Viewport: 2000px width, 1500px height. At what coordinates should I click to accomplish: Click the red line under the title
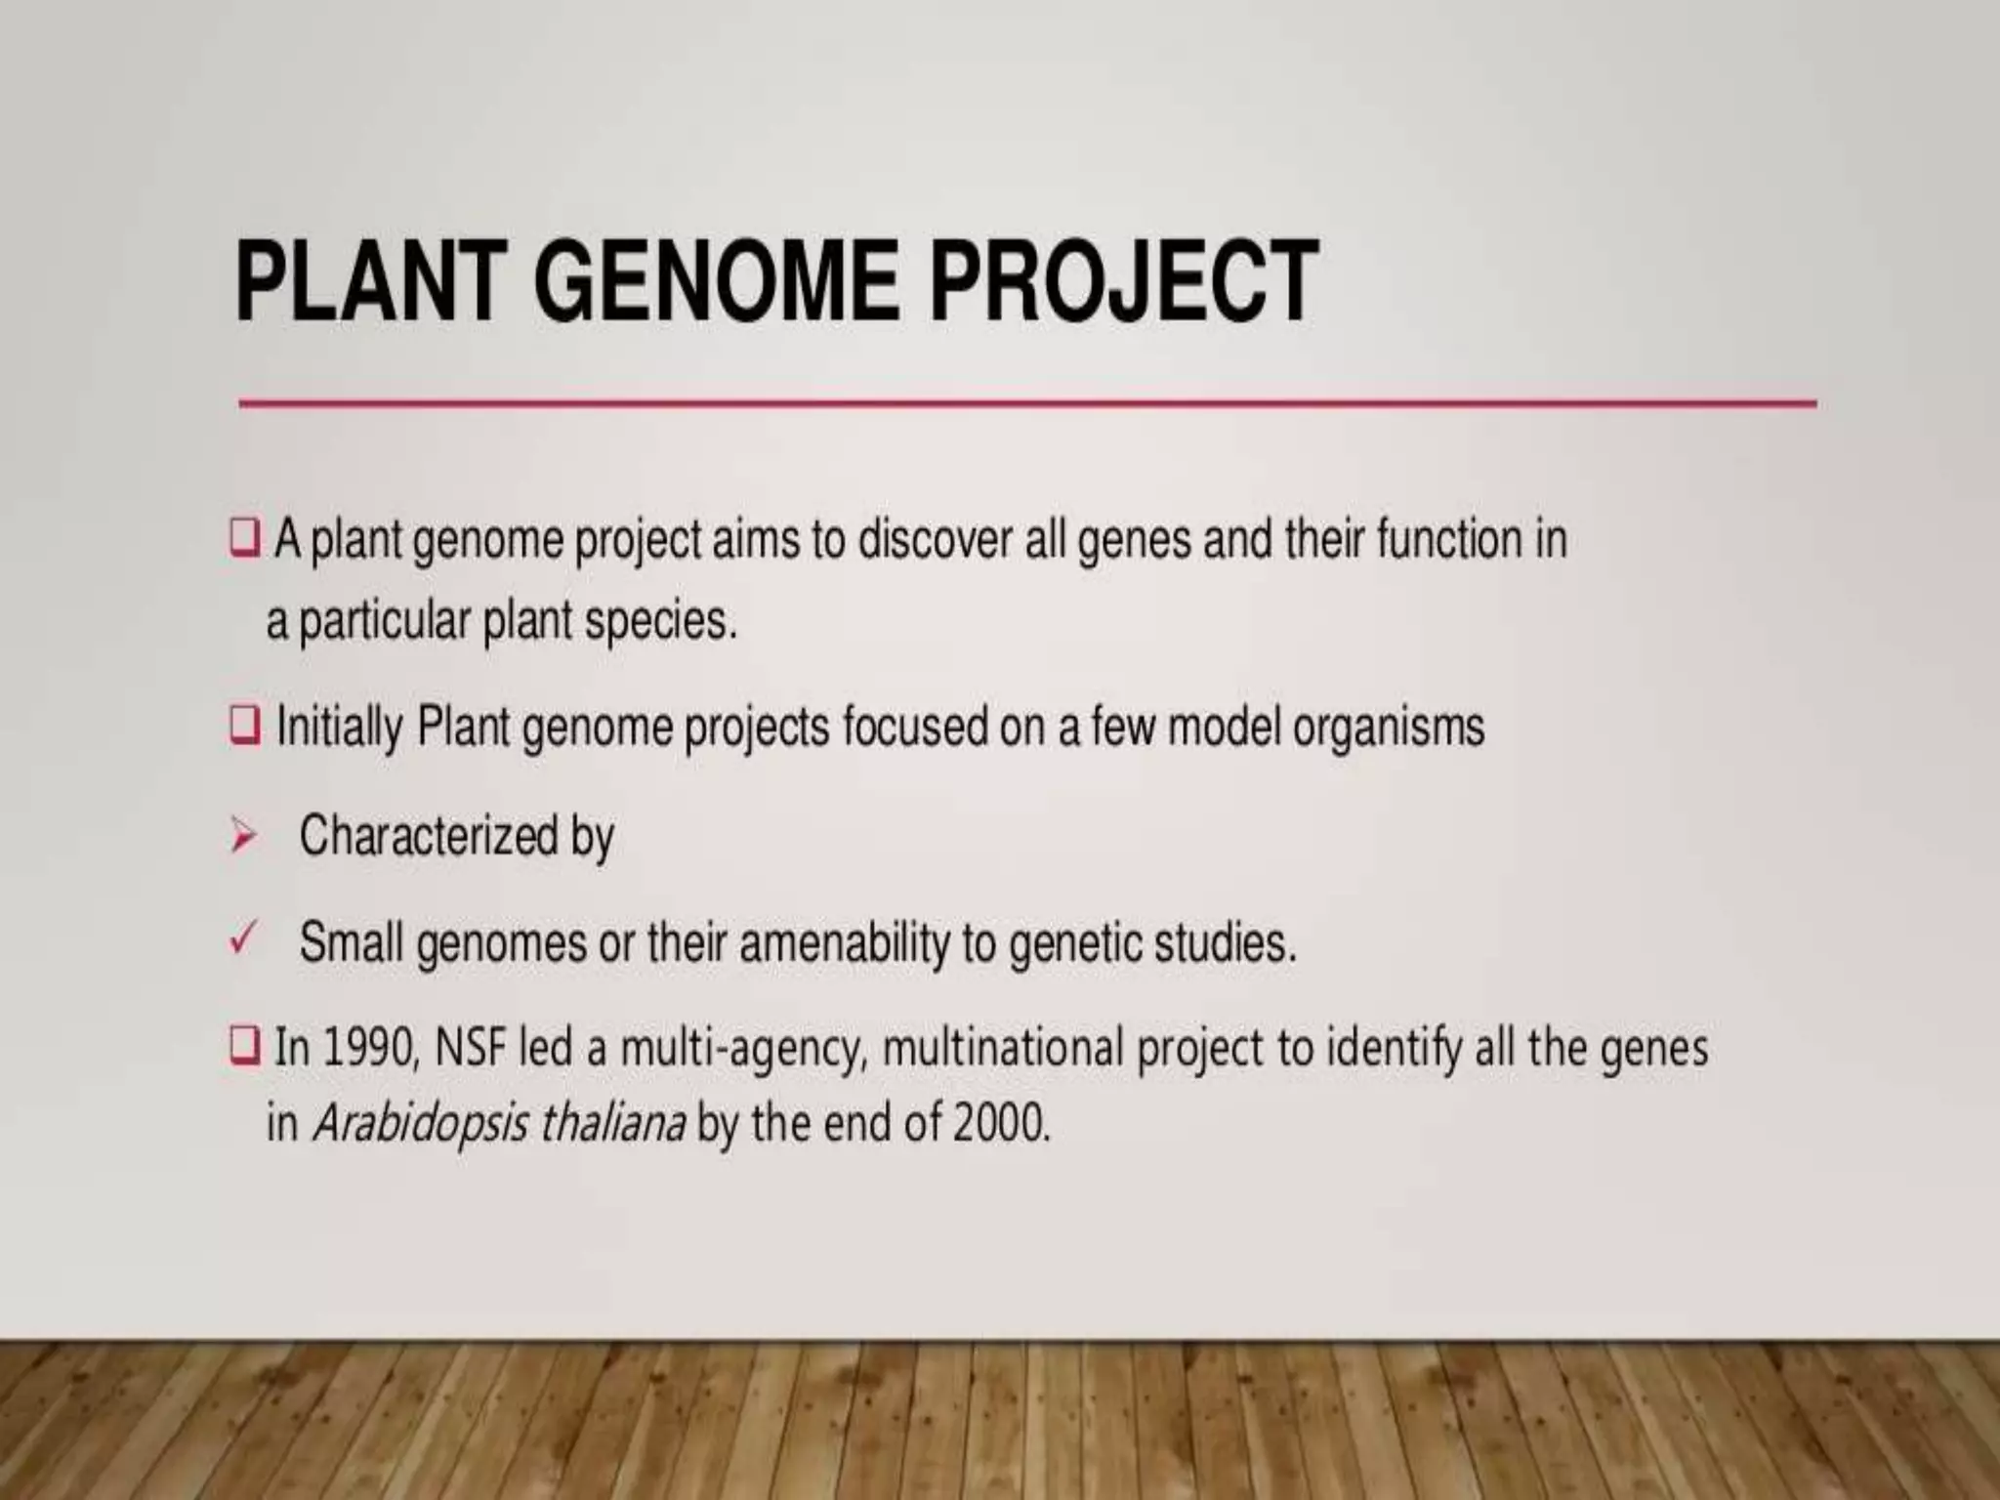[x=1025, y=402]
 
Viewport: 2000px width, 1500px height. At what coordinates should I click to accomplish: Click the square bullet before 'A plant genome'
[x=244, y=538]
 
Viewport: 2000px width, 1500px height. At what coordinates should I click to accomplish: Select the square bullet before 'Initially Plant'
[x=244, y=726]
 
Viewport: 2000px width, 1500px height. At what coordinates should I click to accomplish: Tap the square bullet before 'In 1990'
[x=244, y=1046]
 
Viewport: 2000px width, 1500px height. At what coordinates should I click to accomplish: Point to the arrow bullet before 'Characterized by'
[x=242, y=837]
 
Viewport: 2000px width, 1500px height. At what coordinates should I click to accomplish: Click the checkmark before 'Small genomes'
[x=241, y=940]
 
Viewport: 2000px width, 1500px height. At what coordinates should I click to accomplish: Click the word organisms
[x=1388, y=728]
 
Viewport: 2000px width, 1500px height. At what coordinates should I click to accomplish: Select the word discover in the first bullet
[x=934, y=540]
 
